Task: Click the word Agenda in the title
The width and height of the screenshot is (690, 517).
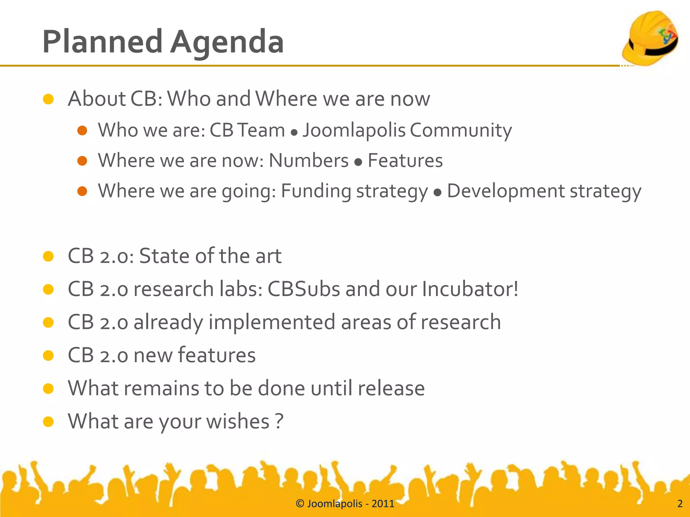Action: [x=226, y=42]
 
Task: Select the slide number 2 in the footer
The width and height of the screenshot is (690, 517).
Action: [x=680, y=504]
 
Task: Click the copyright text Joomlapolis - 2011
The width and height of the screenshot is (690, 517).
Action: [x=345, y=504]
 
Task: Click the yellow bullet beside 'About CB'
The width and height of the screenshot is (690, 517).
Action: [x=49, y=99]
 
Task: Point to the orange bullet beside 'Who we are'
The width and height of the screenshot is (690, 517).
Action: [x=82, y=130]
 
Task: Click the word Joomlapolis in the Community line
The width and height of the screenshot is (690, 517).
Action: [x=354, y=130]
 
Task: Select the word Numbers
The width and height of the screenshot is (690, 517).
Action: [x=308, y=161]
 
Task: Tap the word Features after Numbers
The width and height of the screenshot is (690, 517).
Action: [x=405, y=161]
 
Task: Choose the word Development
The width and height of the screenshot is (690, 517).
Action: [x=505, y=191]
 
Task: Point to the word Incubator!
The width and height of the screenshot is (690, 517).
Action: [x=470, y=289]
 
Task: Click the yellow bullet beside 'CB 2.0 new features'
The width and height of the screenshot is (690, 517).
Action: [x=49, y=355]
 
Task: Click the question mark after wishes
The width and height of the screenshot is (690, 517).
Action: [x=279, y=421]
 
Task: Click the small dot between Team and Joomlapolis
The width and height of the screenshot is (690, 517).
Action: [x=294, y=133]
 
